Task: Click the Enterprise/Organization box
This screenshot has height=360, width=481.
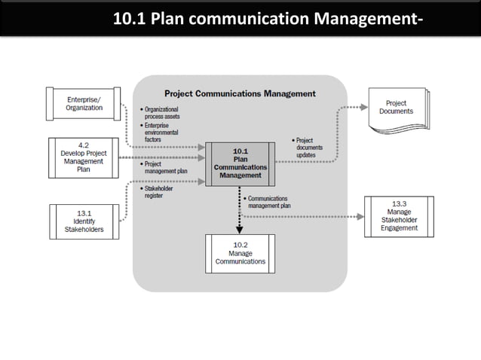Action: pyautogui.click(x=84, y=103)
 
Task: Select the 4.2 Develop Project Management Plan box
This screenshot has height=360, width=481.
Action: pyautogui.click(x=84, y=156)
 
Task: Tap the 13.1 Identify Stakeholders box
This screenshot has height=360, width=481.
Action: pyautogui.click(x=84, y=221)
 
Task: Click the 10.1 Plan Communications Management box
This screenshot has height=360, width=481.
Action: pyautogui.click(x=240, y=163)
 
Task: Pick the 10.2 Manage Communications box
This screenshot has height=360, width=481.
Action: pyautogui.click(x=240, y=253)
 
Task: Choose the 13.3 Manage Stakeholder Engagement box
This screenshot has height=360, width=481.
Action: pyautogui.click(x=399, y=216)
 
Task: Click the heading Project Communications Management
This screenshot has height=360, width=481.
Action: pyautogui.click(x=240, y=93)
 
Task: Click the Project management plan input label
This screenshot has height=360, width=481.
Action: pyautogui.click(x=165, y=167)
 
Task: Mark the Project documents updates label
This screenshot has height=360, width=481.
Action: pyautogui.click(x=308, y=147)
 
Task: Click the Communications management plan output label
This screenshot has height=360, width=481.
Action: pyautogui.click(x=268, y=201)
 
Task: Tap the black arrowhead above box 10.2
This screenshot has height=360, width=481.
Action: pyautogui.click(x=240, y=229)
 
